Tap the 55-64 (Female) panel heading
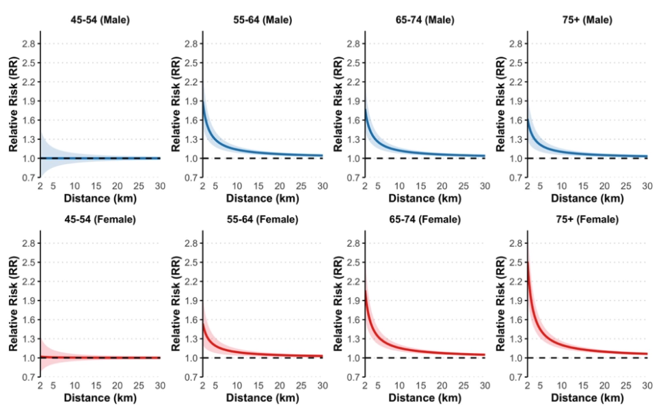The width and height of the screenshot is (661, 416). tap(262, 219)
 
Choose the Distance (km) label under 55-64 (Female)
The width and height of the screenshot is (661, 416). tap(262, 398)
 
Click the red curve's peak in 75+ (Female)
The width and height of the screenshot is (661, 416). tap(527, 262)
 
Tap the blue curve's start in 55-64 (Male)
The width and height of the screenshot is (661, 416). tap(202, 101)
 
